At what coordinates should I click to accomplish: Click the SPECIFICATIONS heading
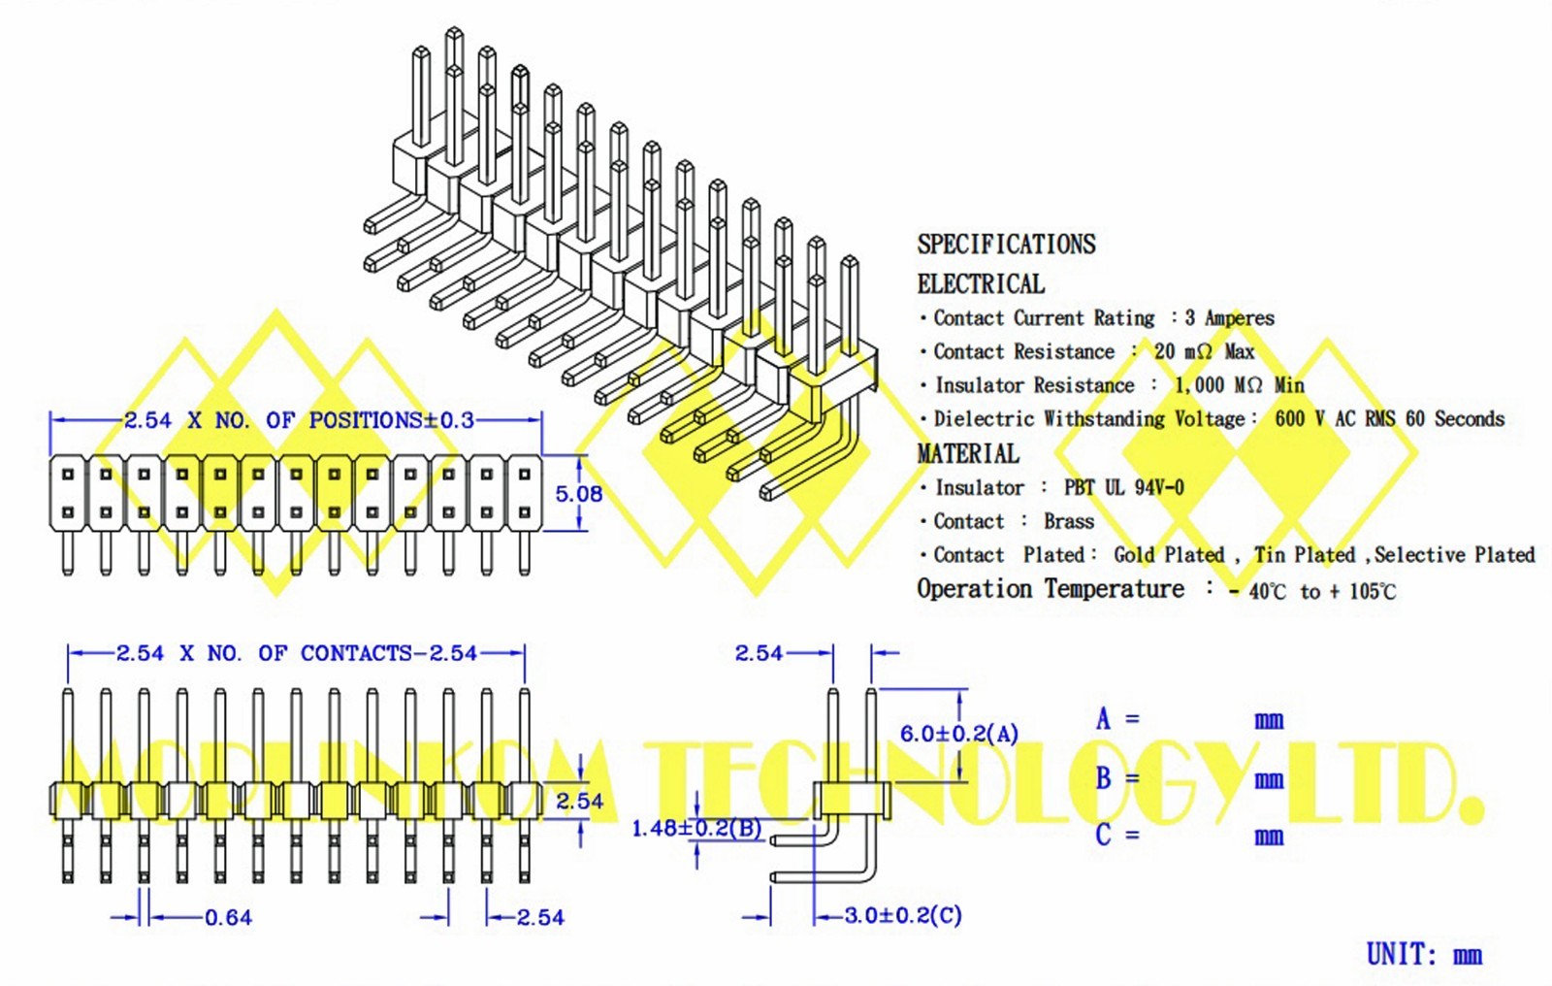tap(1006, 244)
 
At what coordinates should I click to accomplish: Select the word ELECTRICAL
tap(981, 284)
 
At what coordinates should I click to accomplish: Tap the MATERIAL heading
tap(968, 453)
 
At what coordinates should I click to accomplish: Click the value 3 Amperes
tap(1229, 317)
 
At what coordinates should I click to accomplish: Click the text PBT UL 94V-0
tap(1123, 487)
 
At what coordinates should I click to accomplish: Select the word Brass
tap(1068, 521)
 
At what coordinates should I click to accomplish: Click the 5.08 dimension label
tap(578, 494)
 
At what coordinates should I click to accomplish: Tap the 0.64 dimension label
tap(228, 917)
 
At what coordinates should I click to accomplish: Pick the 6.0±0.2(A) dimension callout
tap(958, 734)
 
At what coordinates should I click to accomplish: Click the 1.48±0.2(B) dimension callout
tap(696, 828)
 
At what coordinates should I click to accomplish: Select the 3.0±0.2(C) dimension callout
tap(902, 915)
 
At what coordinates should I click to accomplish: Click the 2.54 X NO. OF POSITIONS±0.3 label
tap(299, 420)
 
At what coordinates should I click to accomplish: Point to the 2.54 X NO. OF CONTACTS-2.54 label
tap(297, 653)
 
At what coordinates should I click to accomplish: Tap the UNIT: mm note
tap(1423, 954)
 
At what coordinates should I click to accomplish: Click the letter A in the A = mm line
tap(1103, 719)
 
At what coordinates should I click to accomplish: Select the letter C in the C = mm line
tap(1103, 835)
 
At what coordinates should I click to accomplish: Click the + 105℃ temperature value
tap(1362, 591)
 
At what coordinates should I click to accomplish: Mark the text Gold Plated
tap(1168, 555)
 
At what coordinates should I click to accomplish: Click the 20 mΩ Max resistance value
tap(1204, 351)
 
